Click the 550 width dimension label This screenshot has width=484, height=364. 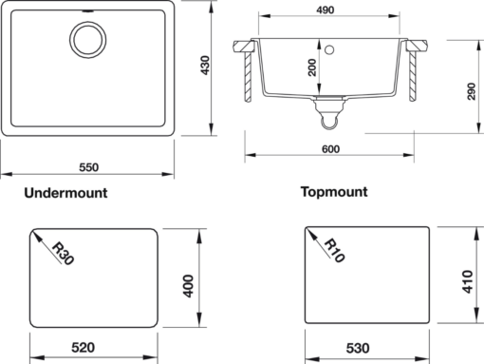89,167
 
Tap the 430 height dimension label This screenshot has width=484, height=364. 205,66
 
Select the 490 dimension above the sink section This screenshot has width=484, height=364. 326,10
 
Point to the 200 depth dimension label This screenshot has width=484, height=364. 312,67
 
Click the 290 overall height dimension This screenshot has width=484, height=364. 472,91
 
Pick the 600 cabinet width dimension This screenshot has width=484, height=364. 330,149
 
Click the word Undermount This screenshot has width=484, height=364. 65,193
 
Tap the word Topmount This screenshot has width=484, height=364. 334,192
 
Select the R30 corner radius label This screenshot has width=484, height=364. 63,254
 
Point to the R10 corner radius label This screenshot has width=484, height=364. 335,251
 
